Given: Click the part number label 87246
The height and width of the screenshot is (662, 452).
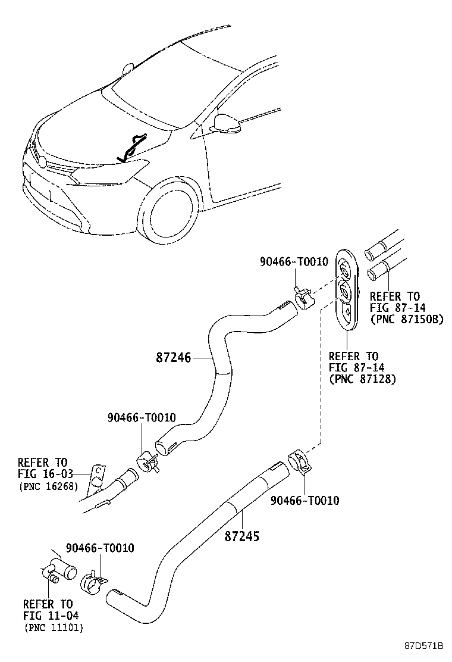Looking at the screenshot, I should pos(173,358).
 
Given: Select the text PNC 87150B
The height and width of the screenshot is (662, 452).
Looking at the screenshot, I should pos(407,319).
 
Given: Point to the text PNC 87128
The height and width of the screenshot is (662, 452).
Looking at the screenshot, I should pos(363,379).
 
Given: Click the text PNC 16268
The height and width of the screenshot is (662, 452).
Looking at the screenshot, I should pos(48,486).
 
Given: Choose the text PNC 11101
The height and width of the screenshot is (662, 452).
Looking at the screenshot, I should pos(54,627).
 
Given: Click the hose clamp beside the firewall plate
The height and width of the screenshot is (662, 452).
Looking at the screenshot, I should pos(303,297).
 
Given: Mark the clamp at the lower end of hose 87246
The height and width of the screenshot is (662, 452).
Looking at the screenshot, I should pos(146,463).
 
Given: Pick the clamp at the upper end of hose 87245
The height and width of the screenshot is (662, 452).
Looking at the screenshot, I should pos(300,464).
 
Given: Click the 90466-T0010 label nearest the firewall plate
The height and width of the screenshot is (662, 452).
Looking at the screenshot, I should pos(294,262).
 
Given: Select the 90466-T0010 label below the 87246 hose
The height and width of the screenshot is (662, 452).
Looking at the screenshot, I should pos(142,418).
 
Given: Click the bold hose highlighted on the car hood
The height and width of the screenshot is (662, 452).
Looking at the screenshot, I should pos(132,147).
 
